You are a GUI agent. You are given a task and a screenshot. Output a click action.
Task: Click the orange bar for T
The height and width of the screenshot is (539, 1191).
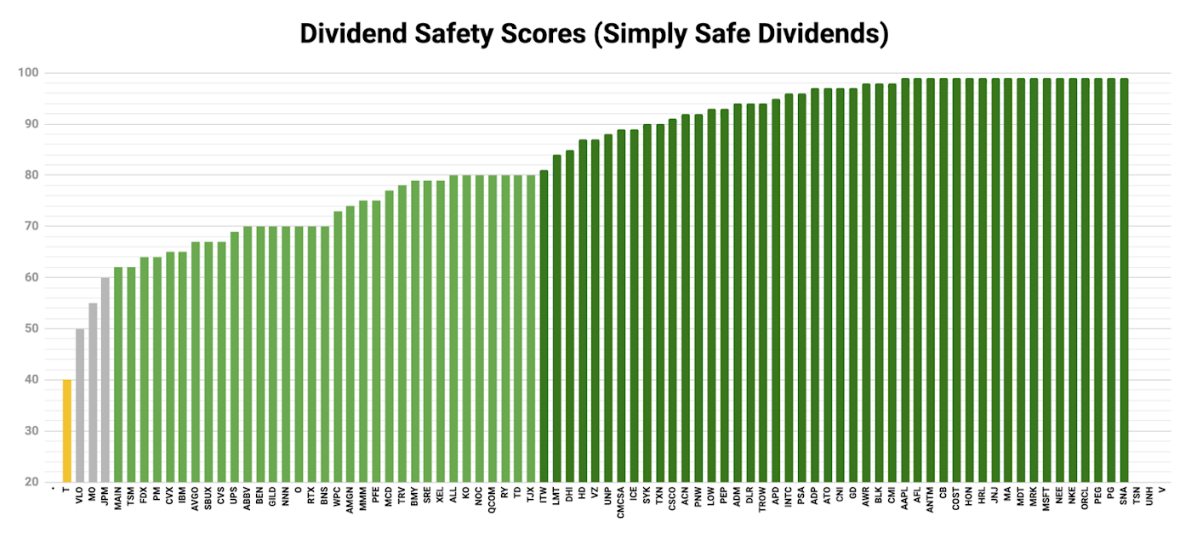click(x=67, y=431)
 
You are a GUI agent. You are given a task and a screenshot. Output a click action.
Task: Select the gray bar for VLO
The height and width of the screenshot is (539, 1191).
click(x=80, y=406)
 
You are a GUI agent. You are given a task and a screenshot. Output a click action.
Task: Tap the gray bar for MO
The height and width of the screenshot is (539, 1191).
click(x=93, y=393)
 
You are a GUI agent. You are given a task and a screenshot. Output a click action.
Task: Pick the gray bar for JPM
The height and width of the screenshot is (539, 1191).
click(x=105, y=380)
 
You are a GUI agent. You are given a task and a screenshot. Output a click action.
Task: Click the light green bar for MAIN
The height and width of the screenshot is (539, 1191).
click(x=118, y=375)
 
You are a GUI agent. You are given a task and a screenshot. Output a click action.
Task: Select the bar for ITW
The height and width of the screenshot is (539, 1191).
click(x=544, y=326)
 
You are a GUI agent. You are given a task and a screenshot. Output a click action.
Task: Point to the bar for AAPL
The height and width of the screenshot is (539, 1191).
click(x=905, y=281)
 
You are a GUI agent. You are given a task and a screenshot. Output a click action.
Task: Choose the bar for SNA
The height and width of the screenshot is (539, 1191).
click(x=1124, y=281)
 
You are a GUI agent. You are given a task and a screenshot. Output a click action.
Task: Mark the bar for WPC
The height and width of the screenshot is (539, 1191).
click(x=338, y=347)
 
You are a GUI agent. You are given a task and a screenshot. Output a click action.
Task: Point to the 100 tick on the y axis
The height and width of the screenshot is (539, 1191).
click(x=28, y=73)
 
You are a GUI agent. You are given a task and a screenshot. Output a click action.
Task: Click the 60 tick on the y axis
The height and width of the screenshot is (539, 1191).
click(x=31, y=277)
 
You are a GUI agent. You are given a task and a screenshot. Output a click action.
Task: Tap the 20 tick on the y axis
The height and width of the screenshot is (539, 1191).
click(x=31, y=482)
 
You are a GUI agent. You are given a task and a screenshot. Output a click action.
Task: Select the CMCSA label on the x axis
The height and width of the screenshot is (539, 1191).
click(x=621, y=502)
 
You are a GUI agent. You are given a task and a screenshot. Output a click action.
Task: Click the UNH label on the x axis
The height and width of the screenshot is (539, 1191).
click(x=1149, y=496)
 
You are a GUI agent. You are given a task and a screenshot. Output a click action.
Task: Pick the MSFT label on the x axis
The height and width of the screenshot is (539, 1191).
click(x=1046, y=499)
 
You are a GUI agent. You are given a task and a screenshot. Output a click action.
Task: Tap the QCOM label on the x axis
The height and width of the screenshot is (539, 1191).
click(x=493, y=500)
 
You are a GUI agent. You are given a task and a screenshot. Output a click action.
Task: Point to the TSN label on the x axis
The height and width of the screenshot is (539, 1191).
click(x=1137, y=496)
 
